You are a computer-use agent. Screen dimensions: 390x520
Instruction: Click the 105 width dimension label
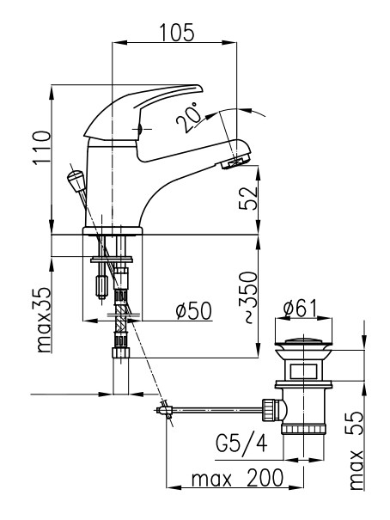point(177,33)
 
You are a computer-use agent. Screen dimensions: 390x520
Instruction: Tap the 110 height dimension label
point(42,147)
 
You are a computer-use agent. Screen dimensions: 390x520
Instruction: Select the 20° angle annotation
point(189,118)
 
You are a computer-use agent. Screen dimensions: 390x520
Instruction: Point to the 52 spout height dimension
point(248,198)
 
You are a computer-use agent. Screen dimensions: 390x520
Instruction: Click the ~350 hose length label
point(248,297)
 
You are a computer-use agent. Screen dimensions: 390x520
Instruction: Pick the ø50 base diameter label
point(194,311)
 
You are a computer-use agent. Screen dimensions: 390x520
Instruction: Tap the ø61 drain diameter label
point(301,308)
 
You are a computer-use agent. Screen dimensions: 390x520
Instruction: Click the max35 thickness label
point(43,320)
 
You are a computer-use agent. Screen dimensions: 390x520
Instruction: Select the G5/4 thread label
point(241,444)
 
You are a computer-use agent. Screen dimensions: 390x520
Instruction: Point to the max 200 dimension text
point(237,478)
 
